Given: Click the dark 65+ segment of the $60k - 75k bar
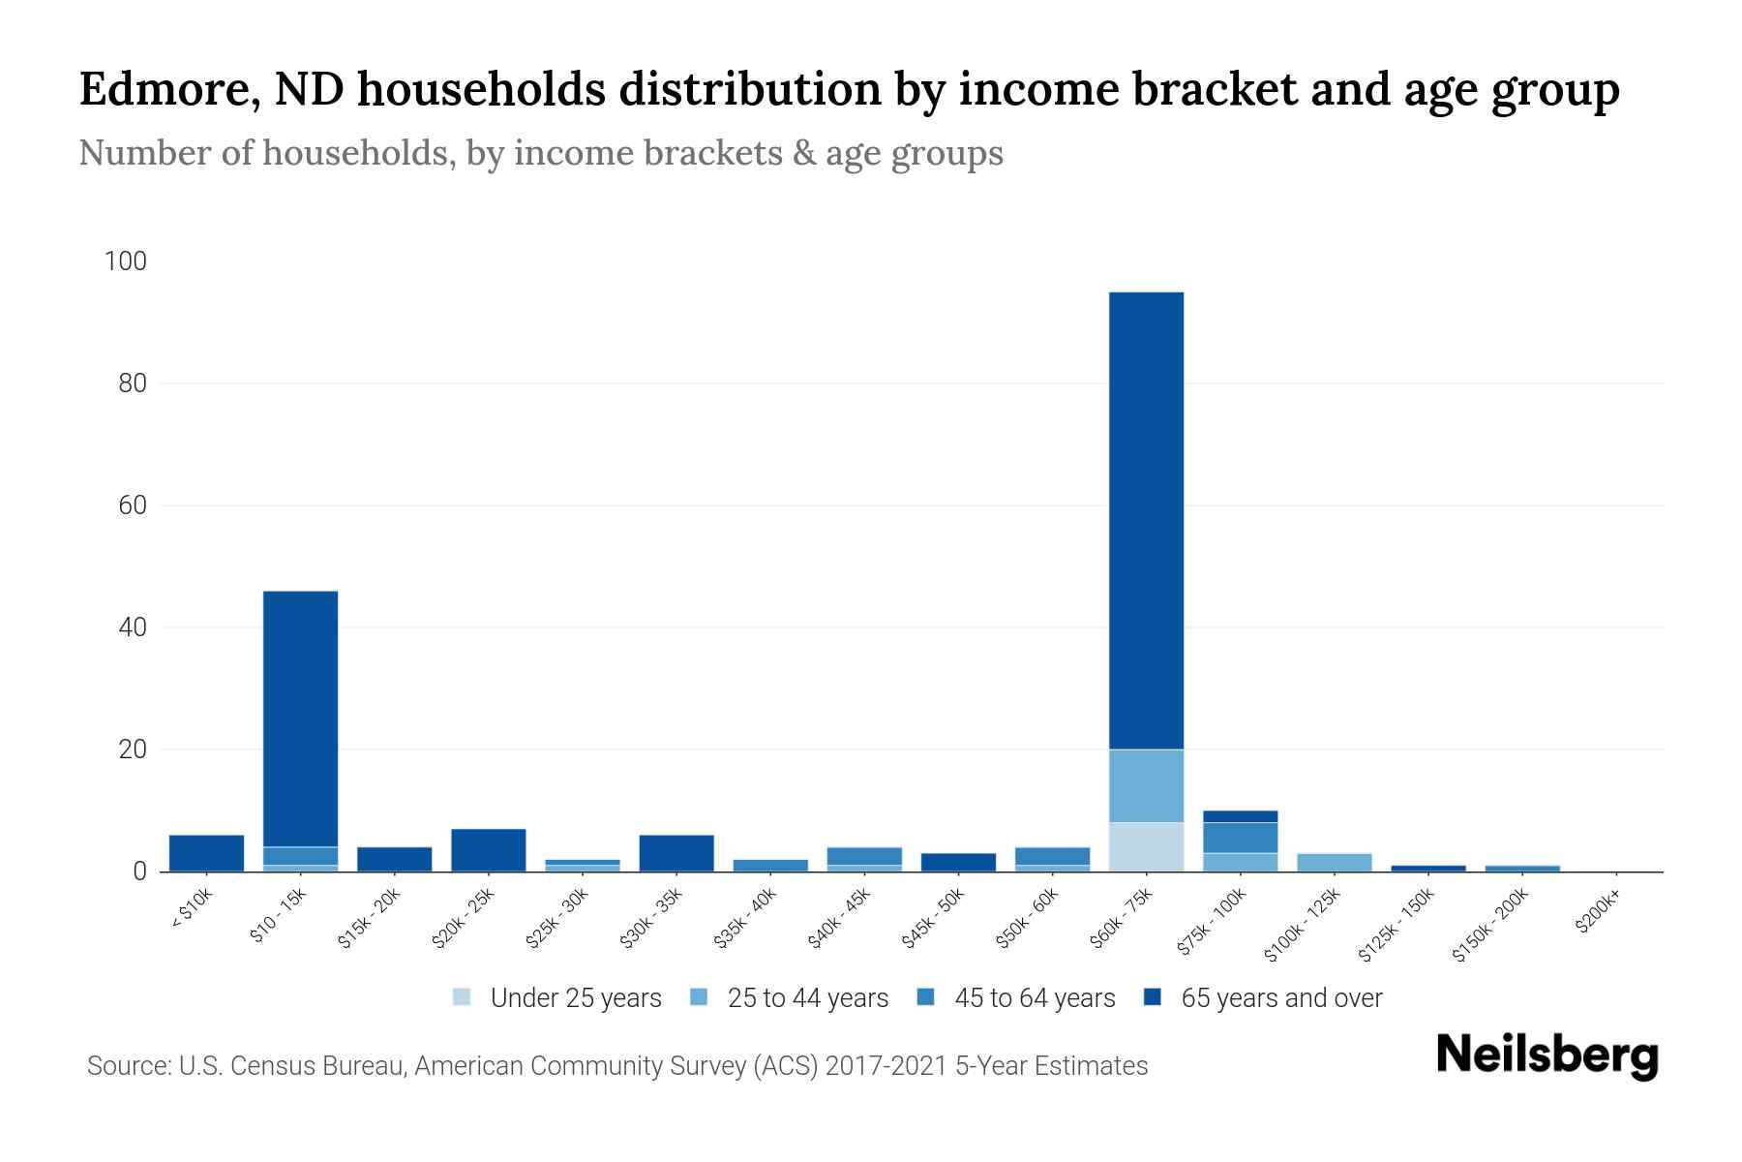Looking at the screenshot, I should (1146, 520).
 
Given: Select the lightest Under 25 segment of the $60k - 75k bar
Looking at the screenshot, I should (1146, 847).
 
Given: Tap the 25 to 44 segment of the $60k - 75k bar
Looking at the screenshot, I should (1146, 786).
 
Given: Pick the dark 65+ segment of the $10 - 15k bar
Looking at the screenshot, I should (300, 719).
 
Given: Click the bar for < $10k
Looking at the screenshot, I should (206, 853).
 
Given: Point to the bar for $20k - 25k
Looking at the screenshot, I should (489, 850).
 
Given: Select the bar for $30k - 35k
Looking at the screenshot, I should (676, 853).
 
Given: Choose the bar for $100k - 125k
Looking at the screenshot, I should (1335, 863).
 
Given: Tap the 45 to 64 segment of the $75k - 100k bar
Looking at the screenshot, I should (1240, 838).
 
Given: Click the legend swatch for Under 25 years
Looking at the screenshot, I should (462, 997).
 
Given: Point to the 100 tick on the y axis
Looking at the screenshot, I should (126, 261).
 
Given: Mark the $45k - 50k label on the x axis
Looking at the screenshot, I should (934, 919).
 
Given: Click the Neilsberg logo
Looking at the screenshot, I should (1547, 1055).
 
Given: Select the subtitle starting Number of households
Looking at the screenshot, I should (540, 153).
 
